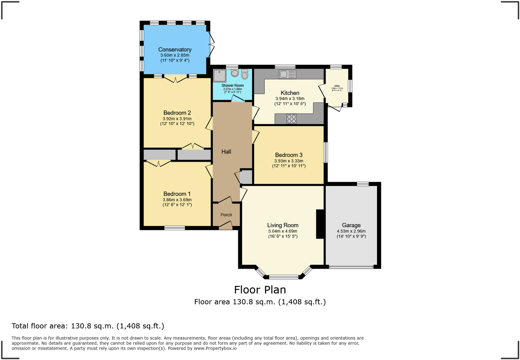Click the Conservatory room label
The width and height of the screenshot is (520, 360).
tap(175, 50)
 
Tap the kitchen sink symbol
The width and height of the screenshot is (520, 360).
tap(287, 74)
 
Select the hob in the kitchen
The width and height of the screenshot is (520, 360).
tap(291, 119)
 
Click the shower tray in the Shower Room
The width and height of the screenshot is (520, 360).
tap(220, 76)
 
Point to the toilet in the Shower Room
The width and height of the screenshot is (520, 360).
tap(245, 74)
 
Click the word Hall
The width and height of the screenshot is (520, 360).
tap(226, 152)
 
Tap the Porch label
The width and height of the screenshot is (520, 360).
tap(226, 215)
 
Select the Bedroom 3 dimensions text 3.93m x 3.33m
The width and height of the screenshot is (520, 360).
tap(289, 161)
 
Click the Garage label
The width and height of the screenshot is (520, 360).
tap(351, 225)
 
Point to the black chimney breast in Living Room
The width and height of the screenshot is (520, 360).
tap(320, 224)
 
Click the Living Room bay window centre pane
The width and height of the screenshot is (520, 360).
tap(284, 277)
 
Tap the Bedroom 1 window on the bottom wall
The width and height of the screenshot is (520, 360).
tap(174, 228)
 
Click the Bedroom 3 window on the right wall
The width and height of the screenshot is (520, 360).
tap(326, 152)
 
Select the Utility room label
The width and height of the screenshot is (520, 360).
tap(337, 86)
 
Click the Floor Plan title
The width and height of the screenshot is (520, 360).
tap(260, 290)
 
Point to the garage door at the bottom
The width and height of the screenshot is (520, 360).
tap(351, 267)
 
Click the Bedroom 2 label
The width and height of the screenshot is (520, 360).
tap(177, 113)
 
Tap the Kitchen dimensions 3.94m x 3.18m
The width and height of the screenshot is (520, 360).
tap(290, 99)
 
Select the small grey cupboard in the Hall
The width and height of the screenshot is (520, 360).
tap(246, 177)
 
